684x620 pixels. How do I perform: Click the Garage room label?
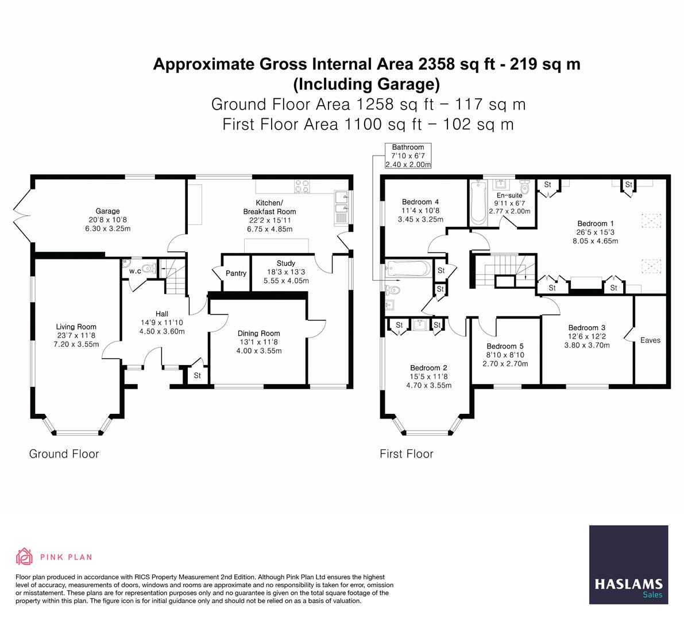pos(108,211)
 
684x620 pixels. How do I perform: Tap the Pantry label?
pos(235,273)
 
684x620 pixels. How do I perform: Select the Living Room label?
pos(76,327)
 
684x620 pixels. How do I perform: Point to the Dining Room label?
pos(258,333)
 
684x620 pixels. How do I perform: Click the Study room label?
pos(285,264)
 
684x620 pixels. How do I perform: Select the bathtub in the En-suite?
pos(477,203)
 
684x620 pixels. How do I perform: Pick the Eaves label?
pos(650,340)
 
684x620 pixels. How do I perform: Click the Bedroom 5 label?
pos(505,346)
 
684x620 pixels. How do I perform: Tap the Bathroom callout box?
pos(408,156)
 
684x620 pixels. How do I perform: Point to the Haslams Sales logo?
pos(628,565)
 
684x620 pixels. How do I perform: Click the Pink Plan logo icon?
pos(25,556)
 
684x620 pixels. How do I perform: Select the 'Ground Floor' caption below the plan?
pos(64,454)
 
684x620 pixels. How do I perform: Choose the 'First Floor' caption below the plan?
pos(406,454)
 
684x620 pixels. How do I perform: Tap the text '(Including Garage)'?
pos(366,84)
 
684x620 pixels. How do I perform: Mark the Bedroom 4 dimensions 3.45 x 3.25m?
pos(421,219)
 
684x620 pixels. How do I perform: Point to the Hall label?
pos(161,314)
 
